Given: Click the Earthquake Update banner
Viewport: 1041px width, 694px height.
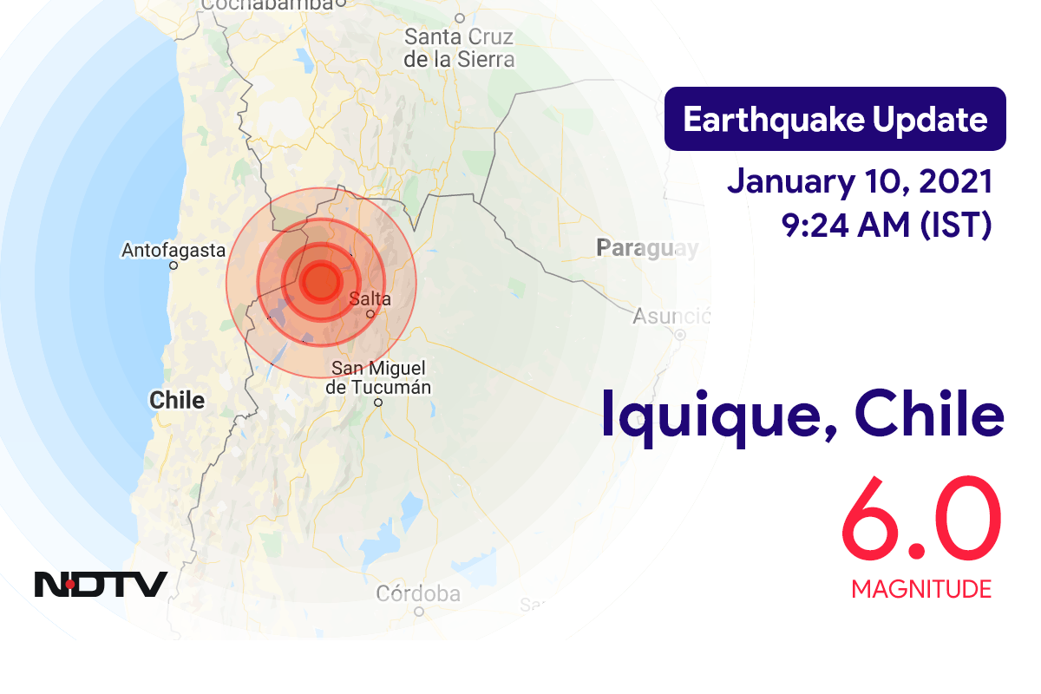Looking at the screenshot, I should coord(835,119).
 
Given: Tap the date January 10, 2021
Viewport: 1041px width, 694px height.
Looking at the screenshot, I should coord(859,182).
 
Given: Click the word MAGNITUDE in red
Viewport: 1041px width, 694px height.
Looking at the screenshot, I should coord(920,590).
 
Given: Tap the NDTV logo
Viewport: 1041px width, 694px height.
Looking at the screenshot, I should coord(101,584).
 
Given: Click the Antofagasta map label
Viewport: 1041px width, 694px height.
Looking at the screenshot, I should coord(173,251).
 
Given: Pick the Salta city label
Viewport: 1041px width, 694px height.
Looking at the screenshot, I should coord(370,299).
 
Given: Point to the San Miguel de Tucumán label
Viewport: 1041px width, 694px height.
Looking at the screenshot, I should coord(378,378).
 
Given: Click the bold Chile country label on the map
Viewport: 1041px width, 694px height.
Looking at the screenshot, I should coord(177,400).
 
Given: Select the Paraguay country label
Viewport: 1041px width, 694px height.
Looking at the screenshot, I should coord(647,249).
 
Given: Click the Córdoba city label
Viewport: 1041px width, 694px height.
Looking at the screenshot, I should coord(417,594).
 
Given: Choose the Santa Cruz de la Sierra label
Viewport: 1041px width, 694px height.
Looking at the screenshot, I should coord(459,49).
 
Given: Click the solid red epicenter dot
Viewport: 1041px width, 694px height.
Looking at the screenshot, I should coord(321,282).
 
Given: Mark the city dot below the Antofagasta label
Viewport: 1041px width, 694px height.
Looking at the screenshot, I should coord(173,265).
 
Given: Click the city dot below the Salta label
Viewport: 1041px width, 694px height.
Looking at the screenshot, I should coord(370,314).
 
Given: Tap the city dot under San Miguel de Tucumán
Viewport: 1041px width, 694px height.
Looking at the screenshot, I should coord(378,403).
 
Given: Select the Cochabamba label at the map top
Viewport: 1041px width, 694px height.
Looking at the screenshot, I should coord(266,4).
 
